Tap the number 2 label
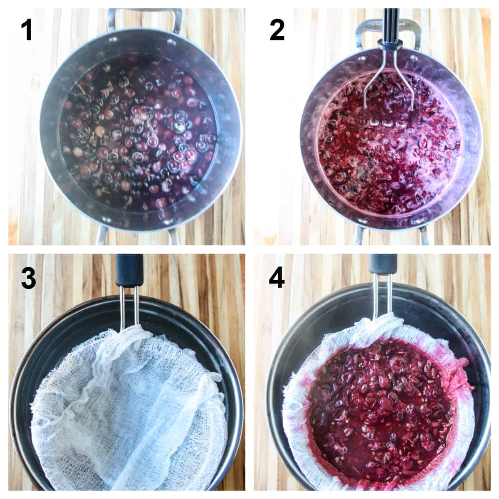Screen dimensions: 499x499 point(277,31)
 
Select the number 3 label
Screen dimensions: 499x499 point(28,278)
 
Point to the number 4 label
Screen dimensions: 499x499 point(277,278)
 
